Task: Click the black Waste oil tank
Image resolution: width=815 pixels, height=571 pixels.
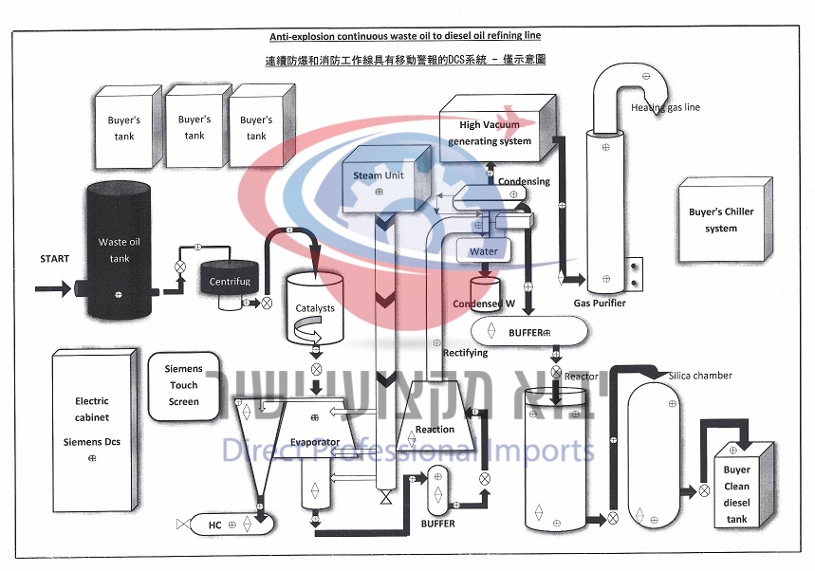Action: click(119, 250)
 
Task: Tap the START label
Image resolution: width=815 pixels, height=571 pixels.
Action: click(55, 259)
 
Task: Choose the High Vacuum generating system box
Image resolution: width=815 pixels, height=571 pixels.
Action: click(496, 134)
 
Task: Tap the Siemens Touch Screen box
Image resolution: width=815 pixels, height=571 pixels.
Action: click(183, 386)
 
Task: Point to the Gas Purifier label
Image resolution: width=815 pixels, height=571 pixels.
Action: click(600, 304)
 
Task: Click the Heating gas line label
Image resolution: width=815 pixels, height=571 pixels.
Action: click(665, 107)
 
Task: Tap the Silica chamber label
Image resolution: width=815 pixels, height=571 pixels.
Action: click(700, 376)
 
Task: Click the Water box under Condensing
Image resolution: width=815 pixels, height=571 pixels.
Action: click(484, 252)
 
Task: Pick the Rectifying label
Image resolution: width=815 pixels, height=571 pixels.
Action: click(465, 354)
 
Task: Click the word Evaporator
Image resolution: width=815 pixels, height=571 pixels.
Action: click(315, 443)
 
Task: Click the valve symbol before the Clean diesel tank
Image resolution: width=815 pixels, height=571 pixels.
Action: click(703, 490)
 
